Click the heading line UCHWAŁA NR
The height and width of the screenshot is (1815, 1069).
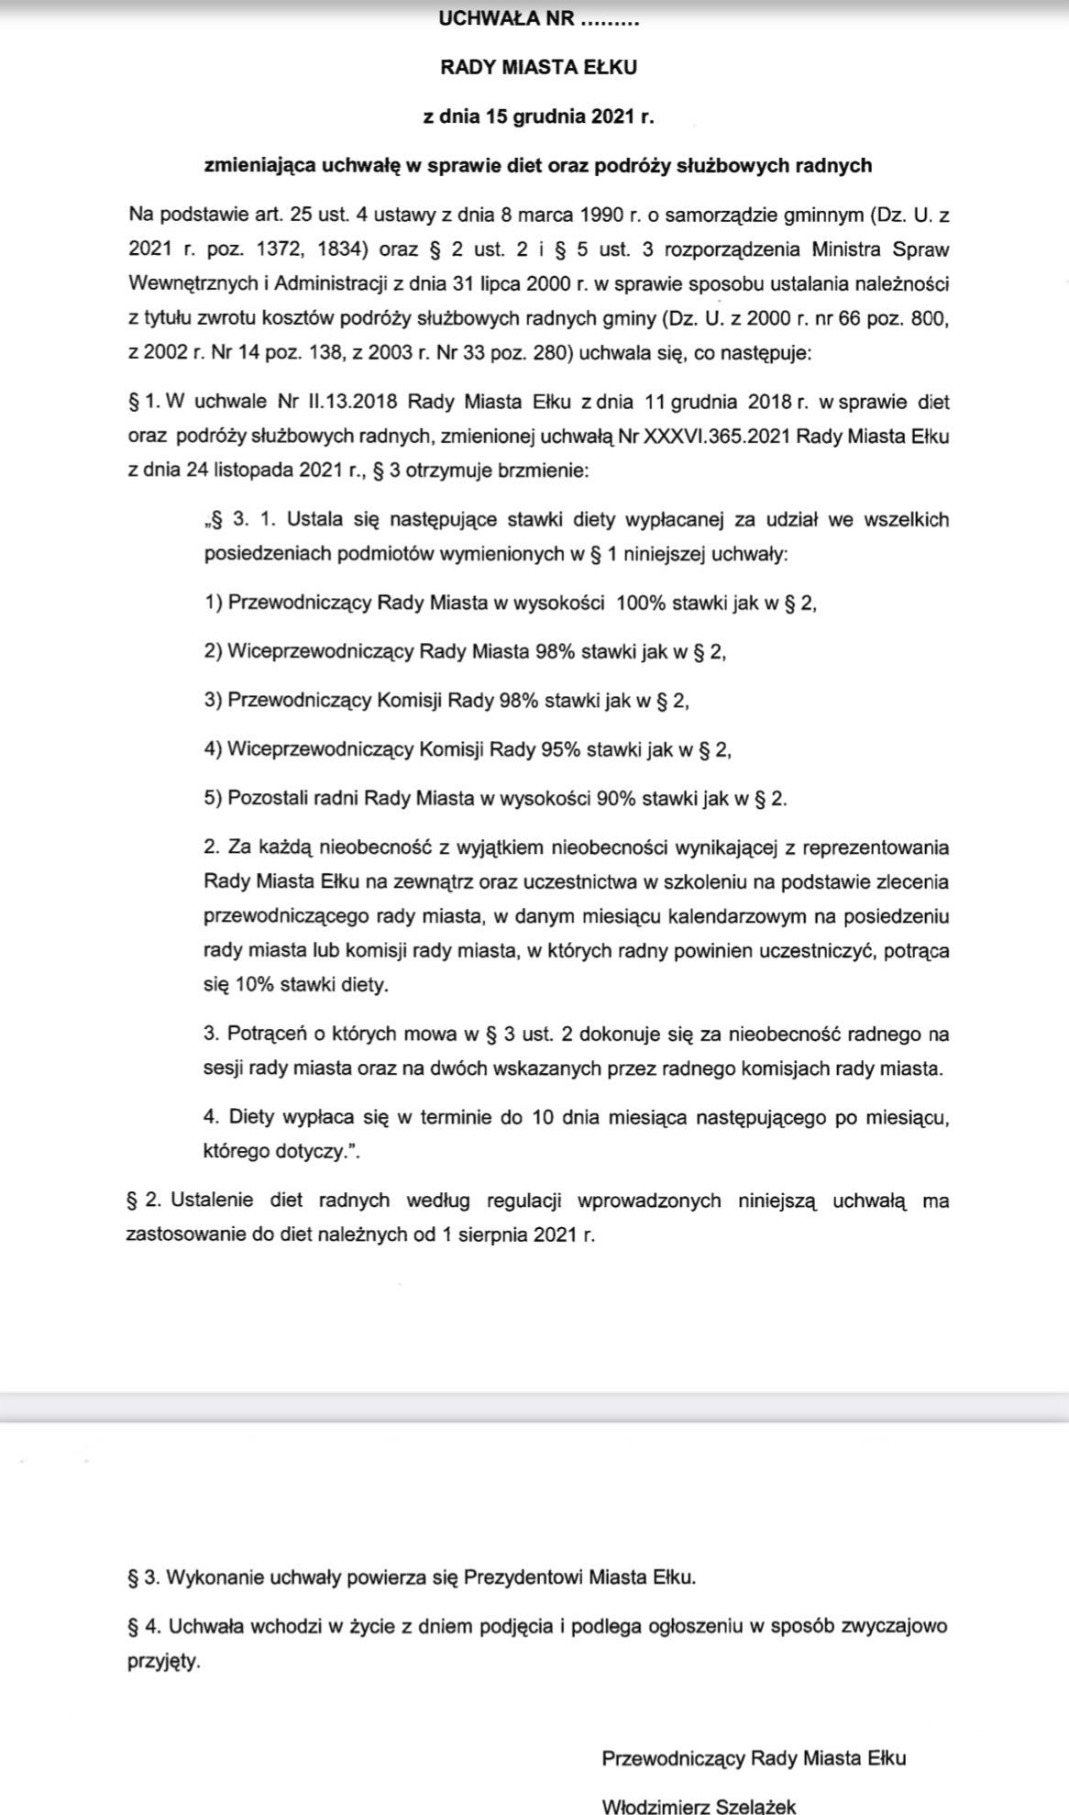(538, 18)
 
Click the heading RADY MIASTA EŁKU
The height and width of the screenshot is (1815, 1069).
(538, 67)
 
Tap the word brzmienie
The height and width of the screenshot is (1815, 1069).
(545, 470)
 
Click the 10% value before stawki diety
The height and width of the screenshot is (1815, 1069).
(242, 985)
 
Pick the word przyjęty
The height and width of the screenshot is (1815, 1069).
(163, 1661)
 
